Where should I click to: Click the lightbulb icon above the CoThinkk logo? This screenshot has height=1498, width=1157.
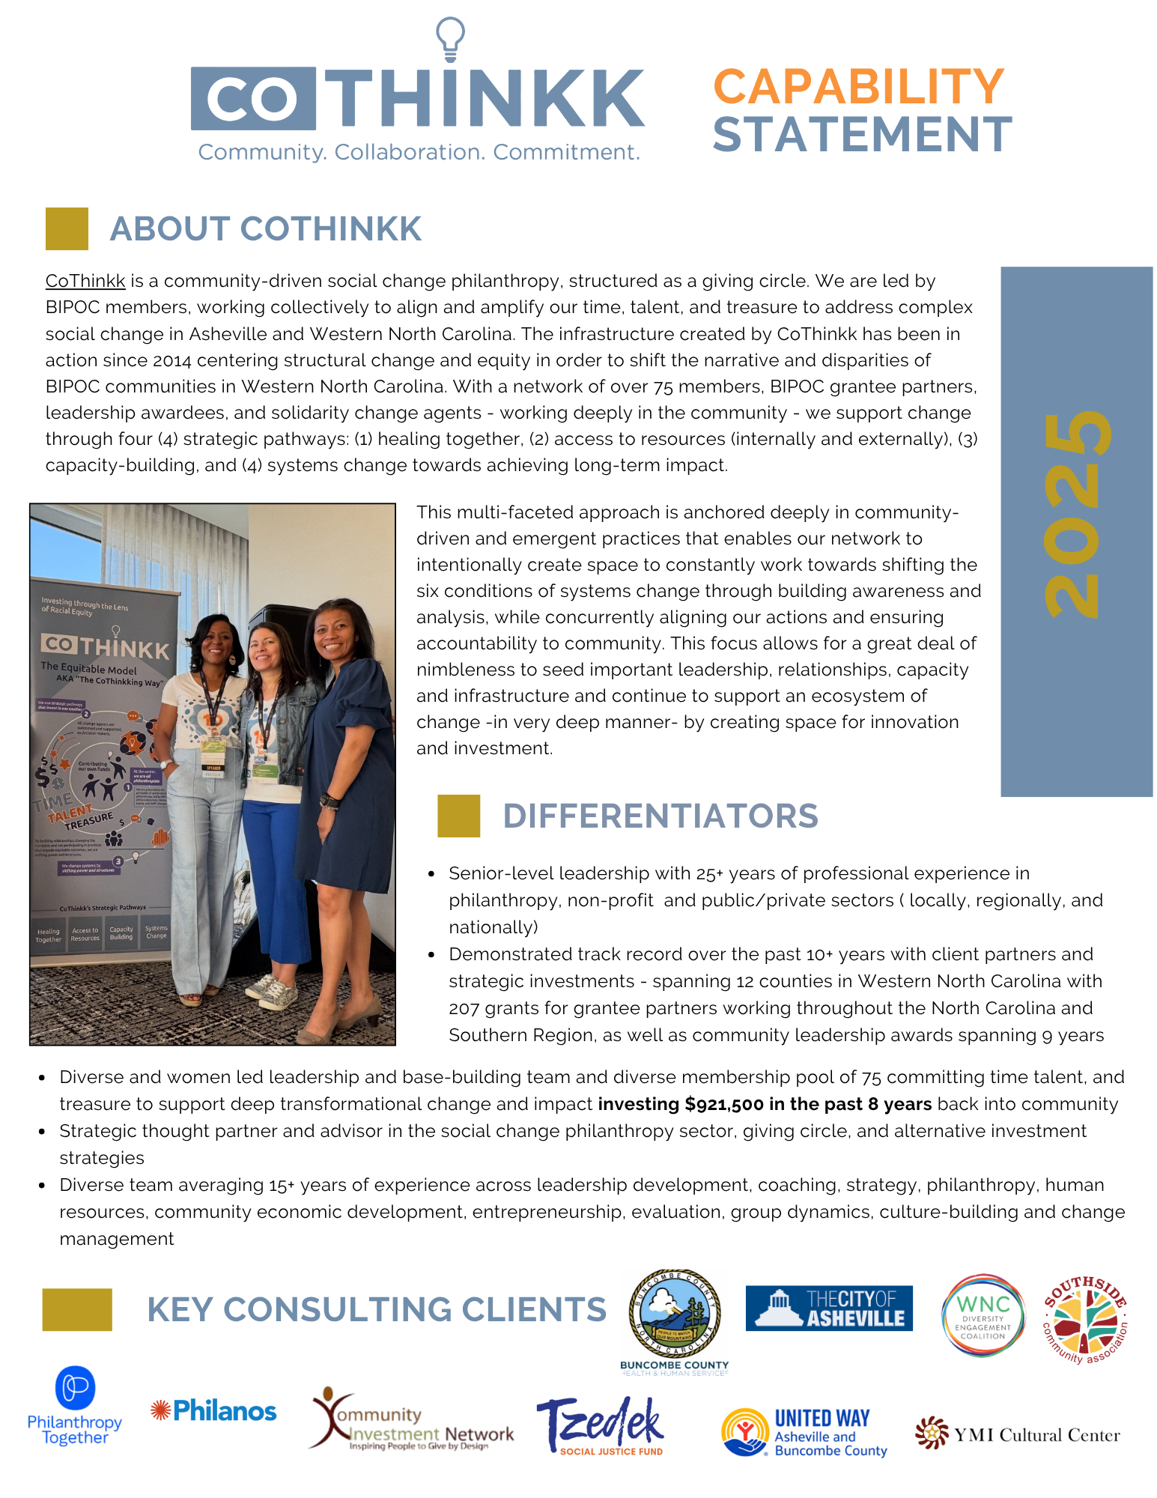pyautogui.click(x=450, y=39)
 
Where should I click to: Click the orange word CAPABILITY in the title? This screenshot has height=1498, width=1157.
pyautogui.click(x=858, y=87)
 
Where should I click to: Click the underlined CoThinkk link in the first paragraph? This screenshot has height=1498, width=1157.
pyautogui.click(x=85, y=281)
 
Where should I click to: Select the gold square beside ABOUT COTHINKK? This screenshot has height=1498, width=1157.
pyautogui.click(x=67, y=228)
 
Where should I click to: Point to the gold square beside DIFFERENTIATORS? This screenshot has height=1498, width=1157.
pyautogui.click(x=458, y=816)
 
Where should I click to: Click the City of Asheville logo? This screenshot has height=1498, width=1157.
pyautogui.click(x=829, y=1308)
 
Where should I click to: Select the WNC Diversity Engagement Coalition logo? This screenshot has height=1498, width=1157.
pyautogui.click(x=983, y=1315)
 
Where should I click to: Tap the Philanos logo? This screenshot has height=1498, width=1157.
pyautogui.click(x=213, y=1411)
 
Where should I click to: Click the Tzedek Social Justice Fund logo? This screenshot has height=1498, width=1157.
pyautogui.click(x=601, y=1425)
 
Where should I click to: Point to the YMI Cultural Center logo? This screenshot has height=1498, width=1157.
pyautogui.click(x=1017, y=1434)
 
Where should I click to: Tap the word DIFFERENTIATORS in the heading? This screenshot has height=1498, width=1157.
pyautogui.click(x=661, y=816)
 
